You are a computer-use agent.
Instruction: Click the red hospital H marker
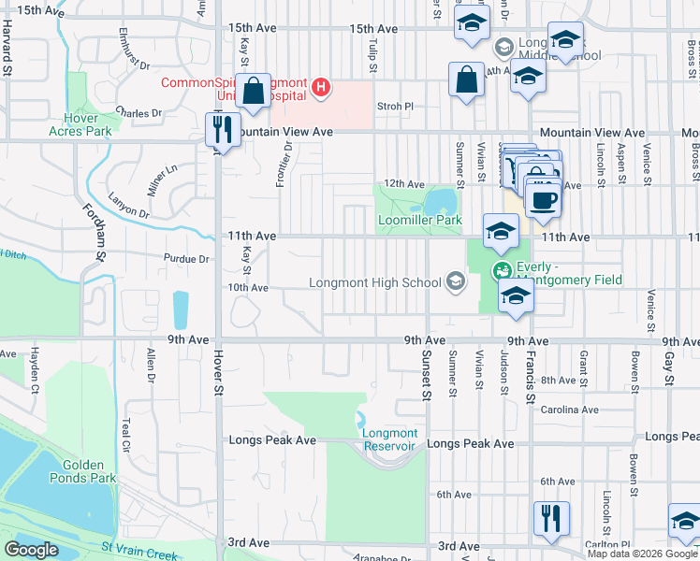(x=321, y=88)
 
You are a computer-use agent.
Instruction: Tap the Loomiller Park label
(x=420, y=221)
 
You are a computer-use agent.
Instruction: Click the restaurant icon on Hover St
(x=222, y=129)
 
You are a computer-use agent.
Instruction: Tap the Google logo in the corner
(x=31, y=550)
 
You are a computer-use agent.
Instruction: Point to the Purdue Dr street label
(x=185, y=259)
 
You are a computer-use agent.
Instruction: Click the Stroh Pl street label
(x=394, y=107)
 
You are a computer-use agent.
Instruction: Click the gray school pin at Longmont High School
(x=456, y=281)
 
